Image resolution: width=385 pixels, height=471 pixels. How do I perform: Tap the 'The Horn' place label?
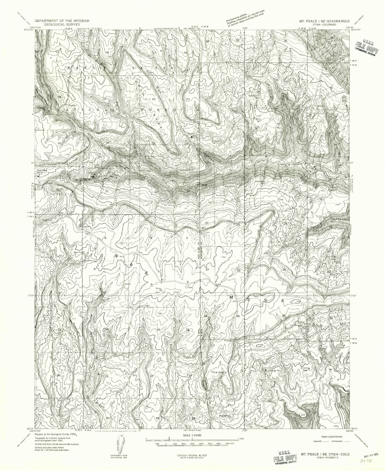pyautogui.click(x=218, y=372)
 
